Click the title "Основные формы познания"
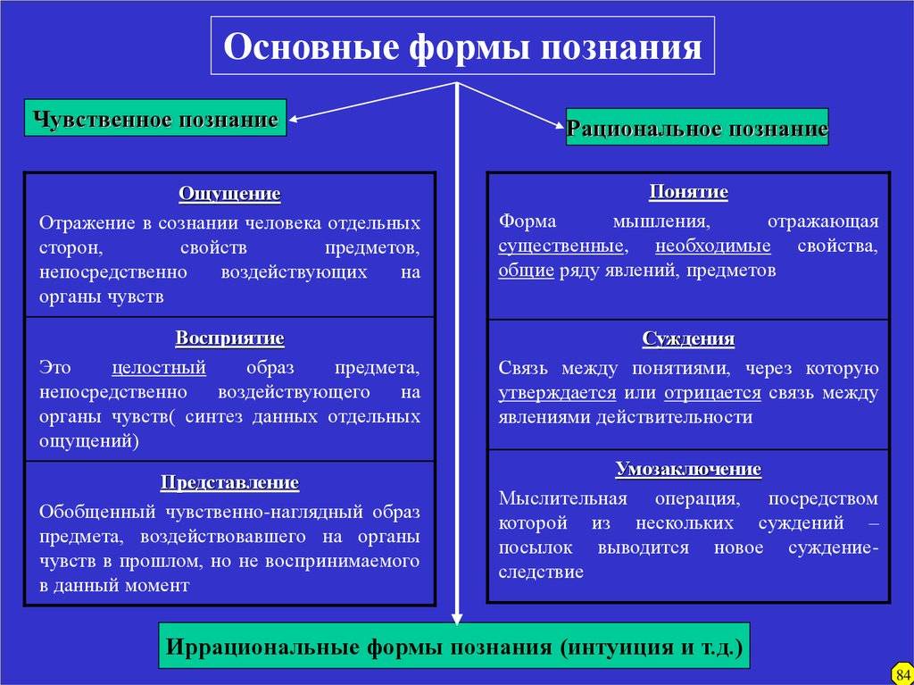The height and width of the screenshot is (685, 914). (462, 46)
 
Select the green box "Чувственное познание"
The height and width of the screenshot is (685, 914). (155, 118)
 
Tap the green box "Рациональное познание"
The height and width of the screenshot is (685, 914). (697, 127)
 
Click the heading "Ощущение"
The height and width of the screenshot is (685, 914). (229, 194)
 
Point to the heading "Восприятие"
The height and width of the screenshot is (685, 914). (229, 338)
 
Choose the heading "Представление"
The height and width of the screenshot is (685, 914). (229, 482)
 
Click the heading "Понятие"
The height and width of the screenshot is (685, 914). (688, 192)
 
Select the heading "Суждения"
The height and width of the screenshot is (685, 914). (688, 339)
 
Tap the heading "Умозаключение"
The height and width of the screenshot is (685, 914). (688, 469)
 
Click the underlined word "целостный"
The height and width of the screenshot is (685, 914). (159, 368)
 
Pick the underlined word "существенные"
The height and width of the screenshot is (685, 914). (561, 246)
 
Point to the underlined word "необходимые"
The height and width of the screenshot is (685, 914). (712, 246)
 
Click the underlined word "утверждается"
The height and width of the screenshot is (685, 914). (557, 393)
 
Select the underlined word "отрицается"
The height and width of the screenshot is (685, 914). (712, 393)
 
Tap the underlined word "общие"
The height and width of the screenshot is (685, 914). (526, 271)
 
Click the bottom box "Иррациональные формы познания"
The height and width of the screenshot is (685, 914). (454, 646)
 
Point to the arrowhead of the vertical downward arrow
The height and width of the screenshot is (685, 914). (457, 618)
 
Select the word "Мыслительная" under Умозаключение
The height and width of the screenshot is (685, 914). (562, 499)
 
